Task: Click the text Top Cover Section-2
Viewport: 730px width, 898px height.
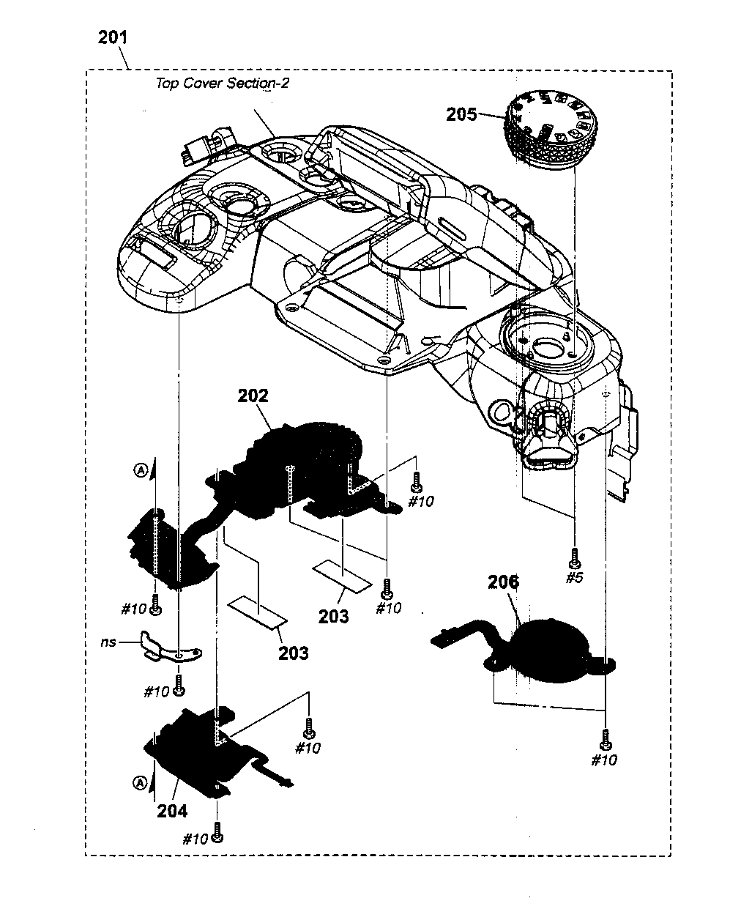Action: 222,83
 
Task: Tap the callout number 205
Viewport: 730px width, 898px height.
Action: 461,114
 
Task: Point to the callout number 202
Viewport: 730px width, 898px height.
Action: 253,396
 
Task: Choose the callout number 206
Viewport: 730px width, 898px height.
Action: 503,582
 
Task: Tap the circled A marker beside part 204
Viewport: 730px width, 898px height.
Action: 138,783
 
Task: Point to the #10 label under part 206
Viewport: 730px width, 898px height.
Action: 604,760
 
